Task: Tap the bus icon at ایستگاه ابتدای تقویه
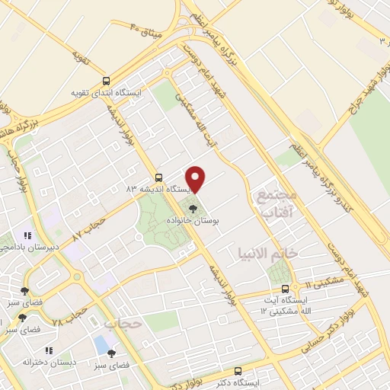tap(106, 80)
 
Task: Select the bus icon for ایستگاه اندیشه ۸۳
tap(158, 174)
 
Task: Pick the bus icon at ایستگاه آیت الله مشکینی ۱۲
tap(285, 289)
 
